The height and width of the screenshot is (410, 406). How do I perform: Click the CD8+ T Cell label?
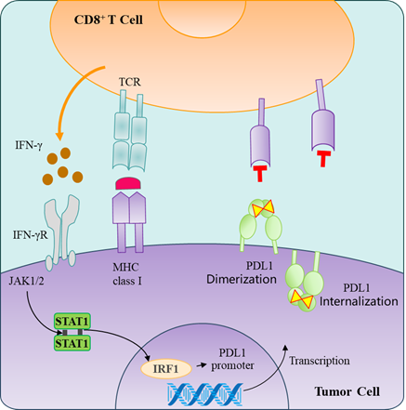coord(109,20)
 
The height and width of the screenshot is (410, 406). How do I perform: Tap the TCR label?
coord(130,82)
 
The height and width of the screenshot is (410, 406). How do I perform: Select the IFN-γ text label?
coord(29,145)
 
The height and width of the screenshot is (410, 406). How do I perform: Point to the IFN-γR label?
coord(31,235)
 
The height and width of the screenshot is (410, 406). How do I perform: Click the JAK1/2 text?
coord(26,281)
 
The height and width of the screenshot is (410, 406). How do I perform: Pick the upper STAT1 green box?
coord(72,322)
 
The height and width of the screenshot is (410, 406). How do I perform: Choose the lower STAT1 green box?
coord(72,343)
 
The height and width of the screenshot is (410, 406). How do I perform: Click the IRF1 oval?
coord(166,369)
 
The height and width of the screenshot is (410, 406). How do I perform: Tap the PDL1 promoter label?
coord(232,359)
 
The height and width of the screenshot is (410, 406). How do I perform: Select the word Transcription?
coord(320,361)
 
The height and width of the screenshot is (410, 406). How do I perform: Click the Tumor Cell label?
coord(347,391)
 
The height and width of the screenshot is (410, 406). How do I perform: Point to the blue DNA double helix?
coord(204,394)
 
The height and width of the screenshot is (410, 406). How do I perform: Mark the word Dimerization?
coord(242,279)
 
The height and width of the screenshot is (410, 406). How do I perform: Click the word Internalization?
coord(359,301)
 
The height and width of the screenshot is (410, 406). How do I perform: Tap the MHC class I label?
coord(126,274)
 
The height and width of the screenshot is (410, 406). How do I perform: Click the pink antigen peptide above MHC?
coord(128,183)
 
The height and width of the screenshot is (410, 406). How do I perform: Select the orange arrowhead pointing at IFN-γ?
coord(59,136)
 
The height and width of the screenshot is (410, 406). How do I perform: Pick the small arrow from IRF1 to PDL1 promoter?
coord(202,365)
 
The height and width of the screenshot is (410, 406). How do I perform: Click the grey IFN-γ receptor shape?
coord(61,231)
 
